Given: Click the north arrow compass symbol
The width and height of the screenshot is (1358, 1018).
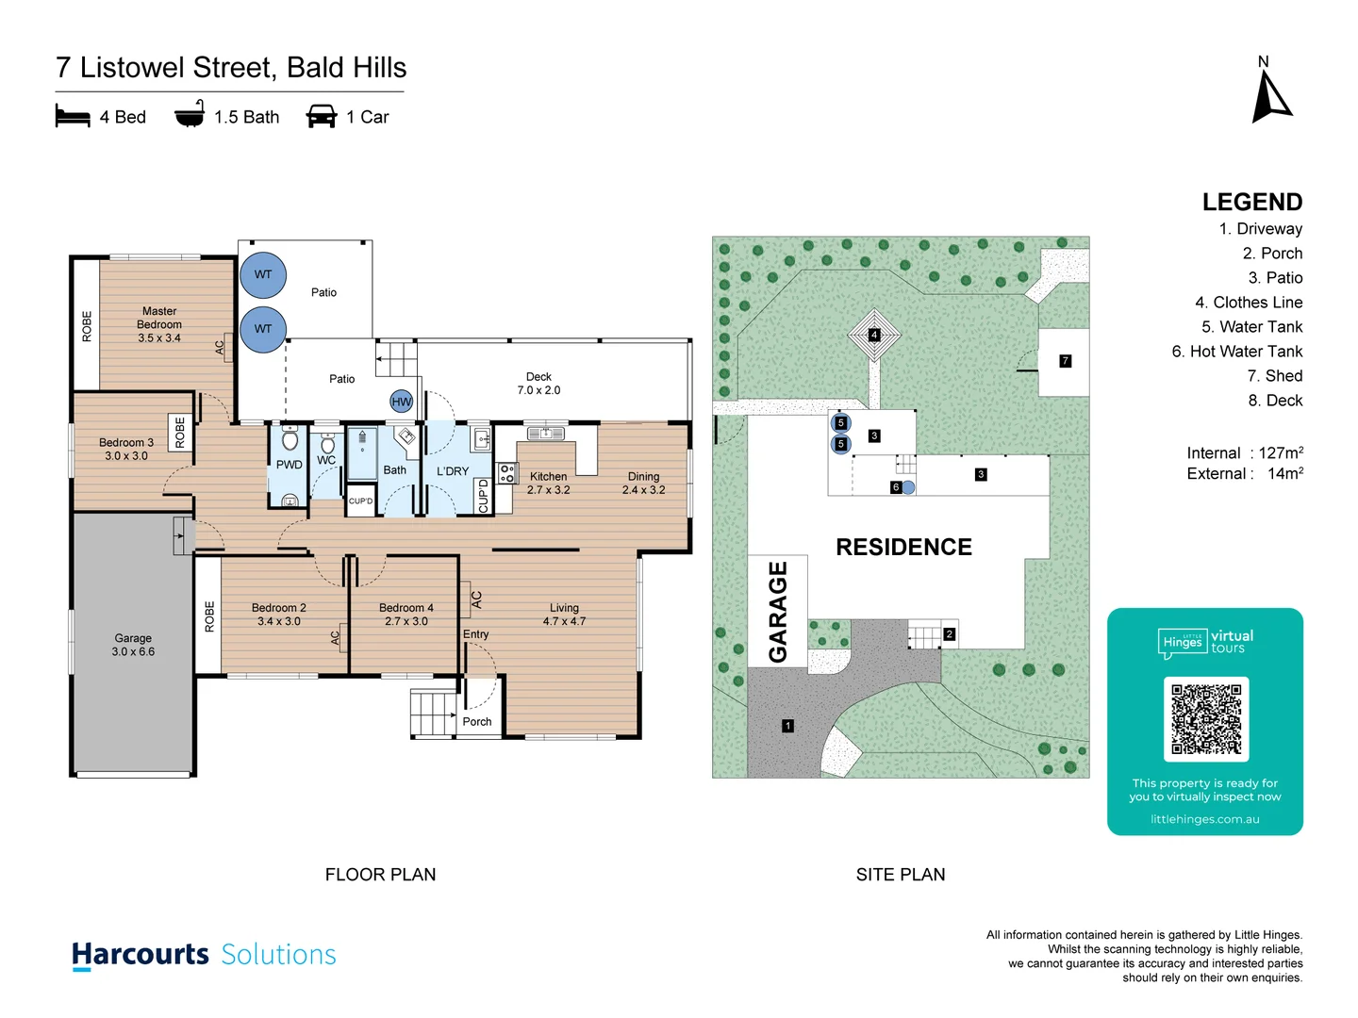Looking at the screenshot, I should pos(1270,96).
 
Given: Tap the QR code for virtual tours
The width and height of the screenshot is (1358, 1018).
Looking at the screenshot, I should pos(1205,719).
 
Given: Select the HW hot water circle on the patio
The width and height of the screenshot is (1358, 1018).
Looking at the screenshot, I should pos(402,402).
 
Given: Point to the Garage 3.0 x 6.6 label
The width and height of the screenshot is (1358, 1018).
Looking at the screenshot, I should pos(133,645).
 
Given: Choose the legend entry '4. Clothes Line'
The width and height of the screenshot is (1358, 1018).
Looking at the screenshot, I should pos(1248,303).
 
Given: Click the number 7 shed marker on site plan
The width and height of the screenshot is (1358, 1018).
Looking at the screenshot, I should pos(1065,361).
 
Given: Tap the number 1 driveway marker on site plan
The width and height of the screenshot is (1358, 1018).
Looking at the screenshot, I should pos(787,726).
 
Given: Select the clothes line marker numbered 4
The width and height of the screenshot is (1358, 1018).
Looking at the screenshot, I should pos(874,335).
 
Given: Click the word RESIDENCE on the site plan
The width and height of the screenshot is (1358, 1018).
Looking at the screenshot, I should pos(903,548).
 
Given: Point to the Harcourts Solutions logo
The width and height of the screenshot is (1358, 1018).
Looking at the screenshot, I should pos(204,955).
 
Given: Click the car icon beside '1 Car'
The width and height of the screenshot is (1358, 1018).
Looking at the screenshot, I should pos(322,117).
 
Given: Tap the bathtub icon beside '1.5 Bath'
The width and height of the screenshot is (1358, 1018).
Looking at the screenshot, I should pos(190,115).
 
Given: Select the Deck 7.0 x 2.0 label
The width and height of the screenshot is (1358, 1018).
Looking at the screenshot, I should pos(538,384).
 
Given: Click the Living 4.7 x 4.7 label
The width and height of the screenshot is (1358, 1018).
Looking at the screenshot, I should pos(564,615).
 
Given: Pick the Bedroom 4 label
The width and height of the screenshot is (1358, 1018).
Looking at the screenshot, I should pos(406,615).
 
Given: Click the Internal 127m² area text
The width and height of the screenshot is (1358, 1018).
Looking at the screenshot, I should pos(1244,453).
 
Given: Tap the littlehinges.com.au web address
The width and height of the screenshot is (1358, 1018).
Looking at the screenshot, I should pos(1204,819).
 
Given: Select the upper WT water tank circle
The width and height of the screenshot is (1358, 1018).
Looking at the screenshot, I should pos(263,275).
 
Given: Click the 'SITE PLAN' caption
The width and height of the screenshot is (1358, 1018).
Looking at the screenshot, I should pos(900,875).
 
